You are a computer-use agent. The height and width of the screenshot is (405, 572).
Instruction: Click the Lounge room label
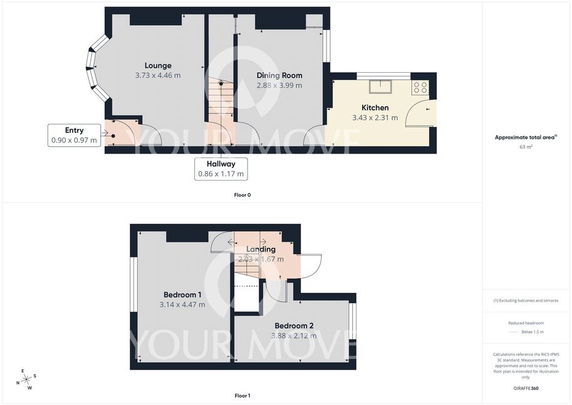coord(158,66)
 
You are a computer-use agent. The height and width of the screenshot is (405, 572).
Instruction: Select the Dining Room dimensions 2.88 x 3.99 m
coord(279,85)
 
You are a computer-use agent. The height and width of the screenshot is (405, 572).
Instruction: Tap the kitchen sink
coord(380,87)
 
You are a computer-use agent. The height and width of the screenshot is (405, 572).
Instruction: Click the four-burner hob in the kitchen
coord(420,88)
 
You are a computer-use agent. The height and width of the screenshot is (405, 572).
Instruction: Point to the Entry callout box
coord(74,135)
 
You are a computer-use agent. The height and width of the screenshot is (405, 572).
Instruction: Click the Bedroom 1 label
coord(182,295)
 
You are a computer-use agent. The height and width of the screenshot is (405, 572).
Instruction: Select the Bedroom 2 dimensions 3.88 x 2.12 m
coord(294,335)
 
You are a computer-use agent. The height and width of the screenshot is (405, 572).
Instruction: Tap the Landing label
coord(261,249)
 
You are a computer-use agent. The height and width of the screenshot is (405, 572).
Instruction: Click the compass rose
coord(26,380)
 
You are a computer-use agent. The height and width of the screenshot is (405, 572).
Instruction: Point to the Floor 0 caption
coord(242,195)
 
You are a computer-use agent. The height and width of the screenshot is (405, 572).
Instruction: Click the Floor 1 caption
coord(242,396)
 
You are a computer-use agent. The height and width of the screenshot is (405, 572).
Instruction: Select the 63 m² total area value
coord(526,147)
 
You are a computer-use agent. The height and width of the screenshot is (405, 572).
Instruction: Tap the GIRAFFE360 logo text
coord(526,388)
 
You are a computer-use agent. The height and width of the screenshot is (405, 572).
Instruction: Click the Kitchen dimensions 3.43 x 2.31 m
coord(375,118)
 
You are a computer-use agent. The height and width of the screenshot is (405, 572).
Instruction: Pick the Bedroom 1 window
coord(134,285)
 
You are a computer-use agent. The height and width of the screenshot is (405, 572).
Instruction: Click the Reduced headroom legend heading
coord(526,323)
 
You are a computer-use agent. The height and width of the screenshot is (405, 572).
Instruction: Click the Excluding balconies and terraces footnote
coord(526,300)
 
